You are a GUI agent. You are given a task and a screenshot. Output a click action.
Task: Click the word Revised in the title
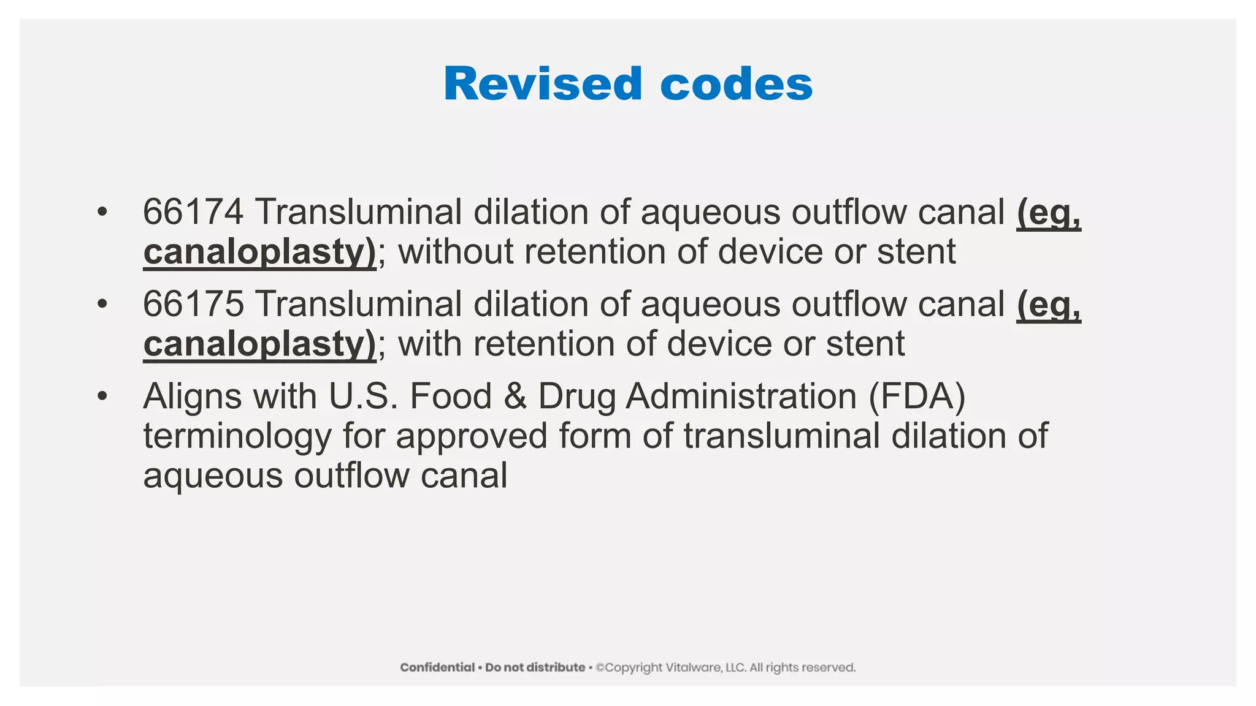pos(543,84)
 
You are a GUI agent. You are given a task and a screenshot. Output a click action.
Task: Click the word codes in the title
pos(736,84)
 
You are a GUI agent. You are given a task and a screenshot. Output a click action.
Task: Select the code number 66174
pos(193,212)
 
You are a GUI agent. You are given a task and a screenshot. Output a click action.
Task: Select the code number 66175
pos(193,304)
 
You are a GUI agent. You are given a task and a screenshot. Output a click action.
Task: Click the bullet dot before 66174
pos(102,212)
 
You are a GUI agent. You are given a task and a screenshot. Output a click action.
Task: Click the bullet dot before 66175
pos(102,304)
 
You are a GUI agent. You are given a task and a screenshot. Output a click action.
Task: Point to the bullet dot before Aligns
pos(102,397)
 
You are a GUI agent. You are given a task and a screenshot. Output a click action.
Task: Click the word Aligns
pos(193,397)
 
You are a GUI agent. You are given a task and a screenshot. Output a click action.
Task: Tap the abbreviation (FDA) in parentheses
pos(917,397)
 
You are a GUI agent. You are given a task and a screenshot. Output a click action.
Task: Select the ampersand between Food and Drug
pos(515,397)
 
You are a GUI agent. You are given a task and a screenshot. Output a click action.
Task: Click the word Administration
pos(741,397)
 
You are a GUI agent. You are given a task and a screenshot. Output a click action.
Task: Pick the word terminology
pos(237,436)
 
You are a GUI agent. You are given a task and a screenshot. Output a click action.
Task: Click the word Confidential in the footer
pos(437,667)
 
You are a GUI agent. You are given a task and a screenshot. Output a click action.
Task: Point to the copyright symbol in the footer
pos(600,667)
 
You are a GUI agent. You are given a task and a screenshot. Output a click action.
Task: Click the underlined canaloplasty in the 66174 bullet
pos(259,252)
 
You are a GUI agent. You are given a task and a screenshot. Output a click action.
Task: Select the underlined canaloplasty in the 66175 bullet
pos(259,344)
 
